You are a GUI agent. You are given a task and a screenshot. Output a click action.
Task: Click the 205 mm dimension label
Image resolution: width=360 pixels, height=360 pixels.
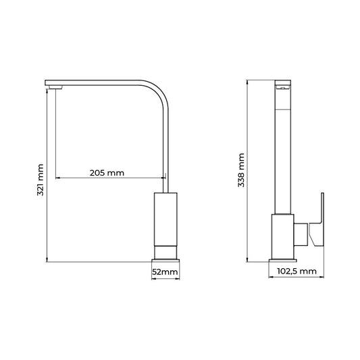pyautogui.click(x=107, y=173)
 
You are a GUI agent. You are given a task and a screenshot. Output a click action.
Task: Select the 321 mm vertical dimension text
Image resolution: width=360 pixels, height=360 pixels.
pyautogui.click(x=40, y=180)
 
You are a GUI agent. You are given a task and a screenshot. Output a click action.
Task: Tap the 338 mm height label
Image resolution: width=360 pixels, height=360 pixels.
pyautogui.click(x=241, y=170)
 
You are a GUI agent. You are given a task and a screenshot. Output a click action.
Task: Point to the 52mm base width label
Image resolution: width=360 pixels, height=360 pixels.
pyautogui.click(x=165, y=272)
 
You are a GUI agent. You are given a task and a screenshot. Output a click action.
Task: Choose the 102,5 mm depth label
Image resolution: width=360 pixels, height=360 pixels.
pyautogui.click(x=297, y=271)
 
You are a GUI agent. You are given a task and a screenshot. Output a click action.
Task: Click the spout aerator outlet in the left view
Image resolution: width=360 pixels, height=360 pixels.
pyautogui.click(x=55, y=87)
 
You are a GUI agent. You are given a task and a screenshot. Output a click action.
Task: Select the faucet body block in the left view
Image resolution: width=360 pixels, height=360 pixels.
pyautogui.click(x=165, y=220)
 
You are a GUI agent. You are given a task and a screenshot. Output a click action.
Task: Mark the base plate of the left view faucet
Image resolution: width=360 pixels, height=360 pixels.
pyautogui.click(x=165, y=260)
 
